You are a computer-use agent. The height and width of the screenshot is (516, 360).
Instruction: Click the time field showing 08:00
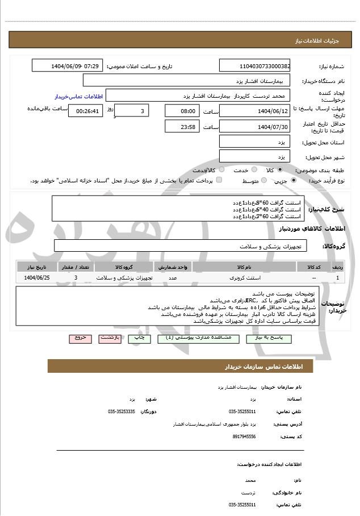click(182, 111)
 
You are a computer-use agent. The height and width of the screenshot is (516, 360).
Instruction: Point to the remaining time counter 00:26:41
click(85, 111)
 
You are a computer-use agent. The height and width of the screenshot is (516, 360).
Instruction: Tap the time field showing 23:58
click(182, 126)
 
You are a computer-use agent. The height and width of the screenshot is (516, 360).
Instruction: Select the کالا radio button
click(280, 170)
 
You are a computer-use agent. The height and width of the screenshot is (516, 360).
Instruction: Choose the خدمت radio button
click(254, 170)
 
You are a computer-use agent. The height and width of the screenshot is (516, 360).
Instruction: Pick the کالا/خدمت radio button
click(221, 170)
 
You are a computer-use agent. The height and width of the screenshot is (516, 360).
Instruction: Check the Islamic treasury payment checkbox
click(219, 180)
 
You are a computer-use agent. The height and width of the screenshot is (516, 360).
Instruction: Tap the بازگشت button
click(109, 338)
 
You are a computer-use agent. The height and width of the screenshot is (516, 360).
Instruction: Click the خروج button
click(79, 338)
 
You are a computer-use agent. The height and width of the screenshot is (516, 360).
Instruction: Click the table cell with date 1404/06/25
click(37, 278)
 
